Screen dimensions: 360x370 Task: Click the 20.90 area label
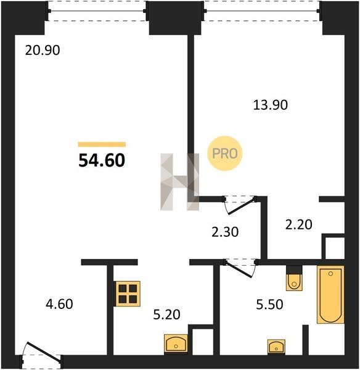[x=43, y=51]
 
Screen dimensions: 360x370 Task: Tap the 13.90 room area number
[x=271, y=105]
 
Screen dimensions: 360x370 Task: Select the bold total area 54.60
[x=102, y=160]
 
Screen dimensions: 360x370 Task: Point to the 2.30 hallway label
[x=225, y=232]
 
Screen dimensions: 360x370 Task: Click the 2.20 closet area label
[x=298, y=224]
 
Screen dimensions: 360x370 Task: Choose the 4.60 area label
[x=59, y=304]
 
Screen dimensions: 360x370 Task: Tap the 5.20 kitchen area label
[x=167, y=314]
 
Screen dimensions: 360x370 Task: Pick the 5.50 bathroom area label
[x=269, y=305]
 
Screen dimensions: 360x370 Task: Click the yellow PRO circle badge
[x=225, y=154]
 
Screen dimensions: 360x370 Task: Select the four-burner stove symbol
[x=127, y=294]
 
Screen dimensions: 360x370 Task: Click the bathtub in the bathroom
[x=330, y=295]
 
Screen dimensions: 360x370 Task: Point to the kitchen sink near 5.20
[x=176, y=344]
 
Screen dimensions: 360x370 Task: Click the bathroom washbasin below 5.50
[x=276, y=347]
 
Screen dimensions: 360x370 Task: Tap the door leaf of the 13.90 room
[x=242, y=206]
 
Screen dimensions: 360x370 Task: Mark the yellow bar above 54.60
[x=102, y=144]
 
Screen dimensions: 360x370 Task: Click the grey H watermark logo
[x=180, y=182]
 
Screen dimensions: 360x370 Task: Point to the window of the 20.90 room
[x=97, y=11]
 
